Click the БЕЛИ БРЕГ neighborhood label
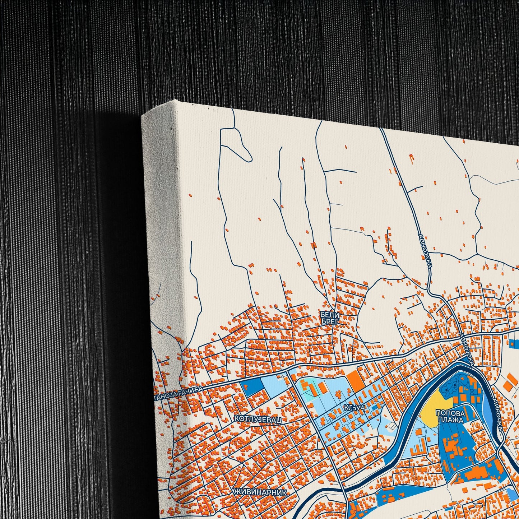[x=329, y=318]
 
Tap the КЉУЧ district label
[x=354, y=408]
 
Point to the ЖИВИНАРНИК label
[x=260, y=492]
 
